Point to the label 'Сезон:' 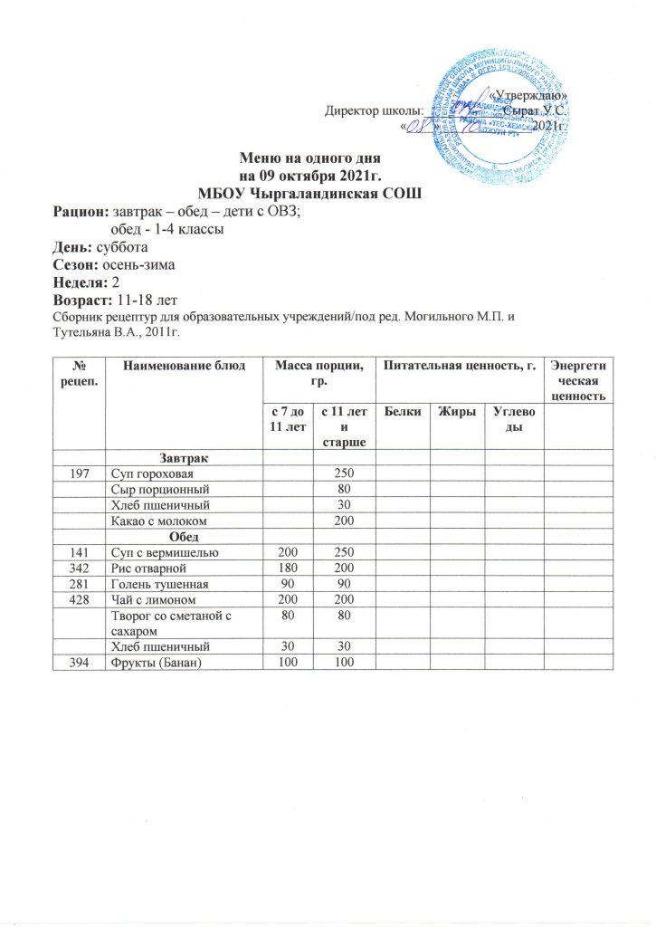pyautogui.click(x=77, y=264)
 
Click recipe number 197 pyautogui.click(x=79, y=474)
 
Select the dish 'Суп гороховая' pyautogui.click(x=151, y=474)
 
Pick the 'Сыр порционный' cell pyautogui.click(x=156, y=490)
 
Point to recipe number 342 pyautogui.click(x=79, y=569)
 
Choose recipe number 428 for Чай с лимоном pyautogui.click(x=79, y=600)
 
